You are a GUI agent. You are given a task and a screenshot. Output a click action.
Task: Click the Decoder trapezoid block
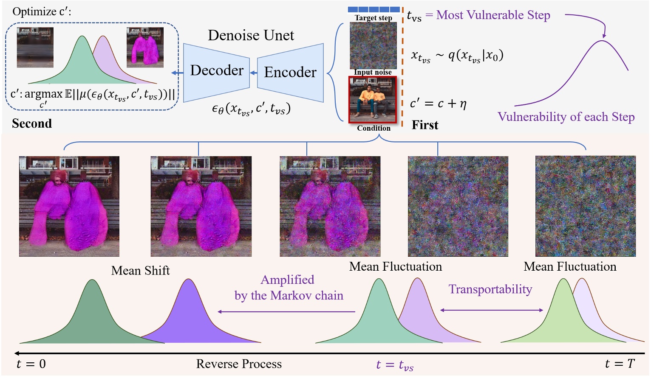coord(216,71)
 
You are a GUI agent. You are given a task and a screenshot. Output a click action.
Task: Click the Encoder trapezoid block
coord(290,72)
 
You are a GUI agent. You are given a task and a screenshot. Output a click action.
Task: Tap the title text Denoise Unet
coord(251,35)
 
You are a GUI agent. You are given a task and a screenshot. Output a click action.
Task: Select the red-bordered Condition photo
coord(373,100)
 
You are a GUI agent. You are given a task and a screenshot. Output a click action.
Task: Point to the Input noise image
coord(373,46)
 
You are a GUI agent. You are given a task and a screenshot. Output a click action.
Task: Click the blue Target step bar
coord(374,9)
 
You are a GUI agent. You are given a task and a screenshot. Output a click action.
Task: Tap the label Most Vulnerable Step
coord(493,15)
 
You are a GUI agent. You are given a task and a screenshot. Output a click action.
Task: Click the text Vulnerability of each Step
coord(566,117)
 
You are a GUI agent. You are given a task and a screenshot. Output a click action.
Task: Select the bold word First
coord(425,125)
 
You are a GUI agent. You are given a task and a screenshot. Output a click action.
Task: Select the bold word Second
coord(32,123)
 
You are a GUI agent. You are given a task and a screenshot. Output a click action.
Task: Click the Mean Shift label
coord(140,271)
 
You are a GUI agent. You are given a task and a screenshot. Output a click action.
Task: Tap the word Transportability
coord(490,289)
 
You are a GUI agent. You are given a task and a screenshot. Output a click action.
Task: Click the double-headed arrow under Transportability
coord(492,310)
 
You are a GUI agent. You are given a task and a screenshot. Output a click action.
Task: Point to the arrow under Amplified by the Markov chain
coord(286,312)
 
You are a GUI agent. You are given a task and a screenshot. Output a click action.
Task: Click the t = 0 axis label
coord(31,364)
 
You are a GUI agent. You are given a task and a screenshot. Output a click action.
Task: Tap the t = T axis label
coord(620,364)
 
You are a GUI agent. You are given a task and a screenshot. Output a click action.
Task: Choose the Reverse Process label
coord(239,364)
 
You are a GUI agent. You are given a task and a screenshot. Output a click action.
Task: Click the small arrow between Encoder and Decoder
coord(254,73)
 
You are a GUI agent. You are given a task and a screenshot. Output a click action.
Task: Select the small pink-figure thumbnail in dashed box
coord(145,47)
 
